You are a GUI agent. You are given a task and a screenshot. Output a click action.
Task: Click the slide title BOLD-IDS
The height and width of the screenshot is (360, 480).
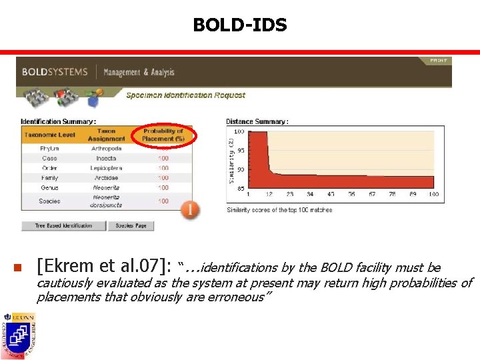pos(240,25)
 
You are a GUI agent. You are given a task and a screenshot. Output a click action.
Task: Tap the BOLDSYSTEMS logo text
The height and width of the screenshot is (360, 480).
pos(55,72)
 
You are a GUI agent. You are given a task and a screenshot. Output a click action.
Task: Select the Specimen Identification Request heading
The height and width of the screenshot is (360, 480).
pos(185,95)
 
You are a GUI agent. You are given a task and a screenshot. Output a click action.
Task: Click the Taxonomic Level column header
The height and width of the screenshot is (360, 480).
pos(51,135)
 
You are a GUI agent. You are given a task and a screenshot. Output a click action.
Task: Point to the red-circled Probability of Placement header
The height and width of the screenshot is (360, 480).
pos(163,135)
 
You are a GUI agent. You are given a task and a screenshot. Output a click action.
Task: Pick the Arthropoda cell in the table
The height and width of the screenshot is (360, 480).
pos(106,149)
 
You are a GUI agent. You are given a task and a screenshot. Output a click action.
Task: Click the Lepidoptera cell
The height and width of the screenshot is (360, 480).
pos(106,168)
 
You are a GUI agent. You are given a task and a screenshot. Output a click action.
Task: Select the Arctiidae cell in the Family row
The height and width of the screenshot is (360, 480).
pos(106,178)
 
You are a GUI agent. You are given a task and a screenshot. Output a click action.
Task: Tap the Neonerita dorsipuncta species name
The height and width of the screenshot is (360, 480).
pos(106,201)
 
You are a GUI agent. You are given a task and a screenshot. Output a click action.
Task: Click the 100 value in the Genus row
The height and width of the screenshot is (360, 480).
pos(163,188)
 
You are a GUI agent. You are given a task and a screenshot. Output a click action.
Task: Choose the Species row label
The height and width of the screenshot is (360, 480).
pos(49,201)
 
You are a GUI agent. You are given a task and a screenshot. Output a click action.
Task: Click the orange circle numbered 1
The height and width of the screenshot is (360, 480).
pos(190,210)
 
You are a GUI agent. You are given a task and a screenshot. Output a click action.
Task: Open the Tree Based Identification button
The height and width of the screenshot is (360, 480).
pos(64,226)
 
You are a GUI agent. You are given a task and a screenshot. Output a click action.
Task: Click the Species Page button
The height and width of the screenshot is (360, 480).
pos(131,226)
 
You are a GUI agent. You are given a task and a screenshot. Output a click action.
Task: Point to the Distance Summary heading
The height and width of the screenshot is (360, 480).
pos(257,121)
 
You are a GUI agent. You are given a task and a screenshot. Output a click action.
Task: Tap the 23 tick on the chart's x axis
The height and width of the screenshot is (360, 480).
pos(290,194)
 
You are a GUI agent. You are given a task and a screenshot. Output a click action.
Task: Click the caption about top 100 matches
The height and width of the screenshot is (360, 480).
pos(279,210)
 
